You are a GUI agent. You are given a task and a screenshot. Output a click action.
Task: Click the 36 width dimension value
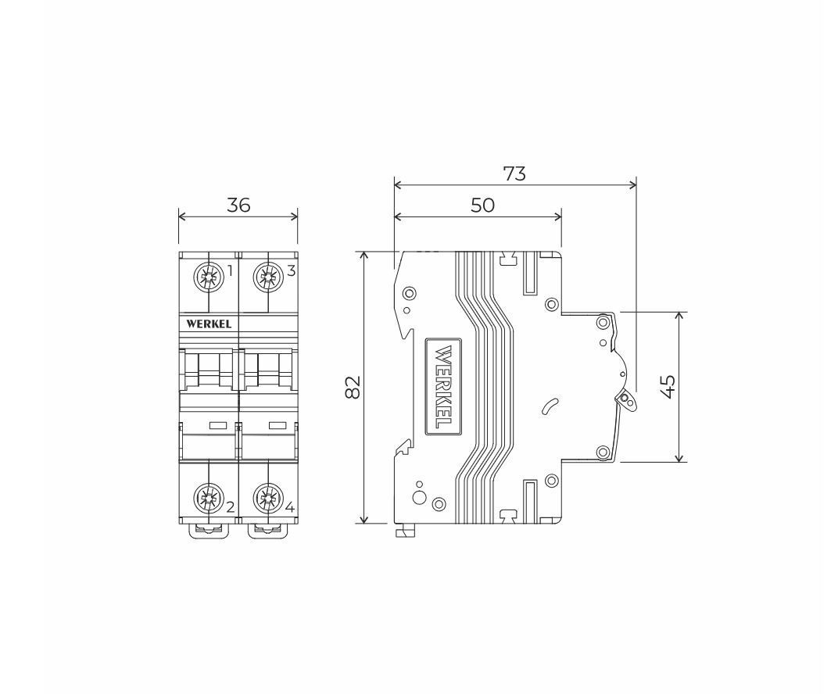coord(238,205)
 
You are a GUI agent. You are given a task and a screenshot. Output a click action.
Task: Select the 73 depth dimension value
coord(514,173)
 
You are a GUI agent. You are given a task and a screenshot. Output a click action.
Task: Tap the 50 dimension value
coord(482,206)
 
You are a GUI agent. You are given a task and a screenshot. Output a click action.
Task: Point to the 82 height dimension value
coord(353,388)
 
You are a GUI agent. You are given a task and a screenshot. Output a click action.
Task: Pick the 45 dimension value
coord(668,386)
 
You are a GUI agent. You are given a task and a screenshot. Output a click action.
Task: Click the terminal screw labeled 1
coord(209,277)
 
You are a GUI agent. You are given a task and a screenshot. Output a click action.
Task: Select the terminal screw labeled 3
coord(268,277)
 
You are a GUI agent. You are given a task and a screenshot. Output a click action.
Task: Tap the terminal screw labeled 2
coord(207,497)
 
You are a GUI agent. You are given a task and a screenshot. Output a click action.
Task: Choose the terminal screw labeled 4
coord(267,497)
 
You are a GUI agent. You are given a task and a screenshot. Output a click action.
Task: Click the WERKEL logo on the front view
coord(209,324)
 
